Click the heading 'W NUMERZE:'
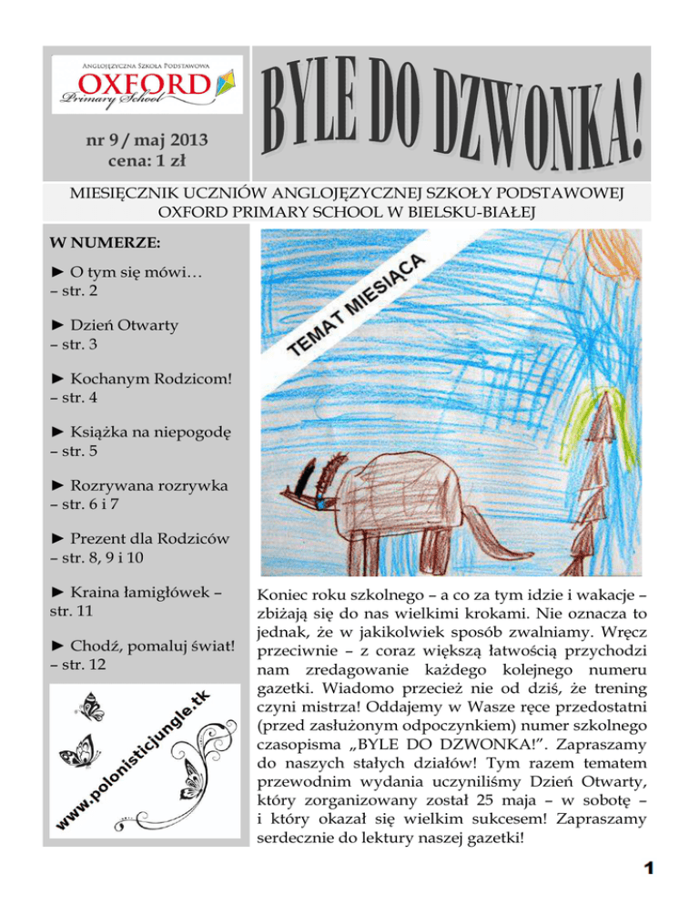tap(100, 243)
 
